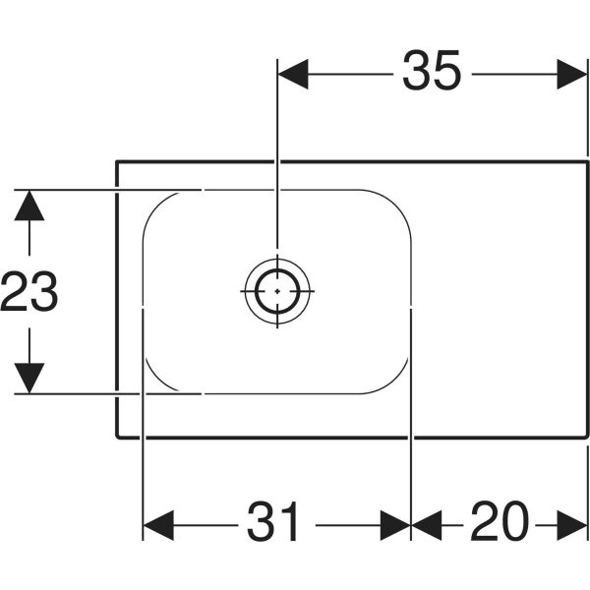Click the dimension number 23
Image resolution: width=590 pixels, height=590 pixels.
click(x=29, y=293)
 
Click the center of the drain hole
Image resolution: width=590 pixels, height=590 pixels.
click(x=277, y=291)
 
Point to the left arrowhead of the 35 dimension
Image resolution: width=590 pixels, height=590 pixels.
click(x=293, y=74)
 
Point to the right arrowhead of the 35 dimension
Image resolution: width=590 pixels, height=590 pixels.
click(x=573, y=74)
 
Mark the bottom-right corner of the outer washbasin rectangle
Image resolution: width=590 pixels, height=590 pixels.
click(x=587, y=437)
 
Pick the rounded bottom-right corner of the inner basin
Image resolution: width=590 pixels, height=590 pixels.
click(x=398, y=382)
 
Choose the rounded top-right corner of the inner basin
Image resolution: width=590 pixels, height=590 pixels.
click(x=398, y=202)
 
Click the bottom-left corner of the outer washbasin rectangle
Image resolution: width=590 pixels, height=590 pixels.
click(x=118, y=437)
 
